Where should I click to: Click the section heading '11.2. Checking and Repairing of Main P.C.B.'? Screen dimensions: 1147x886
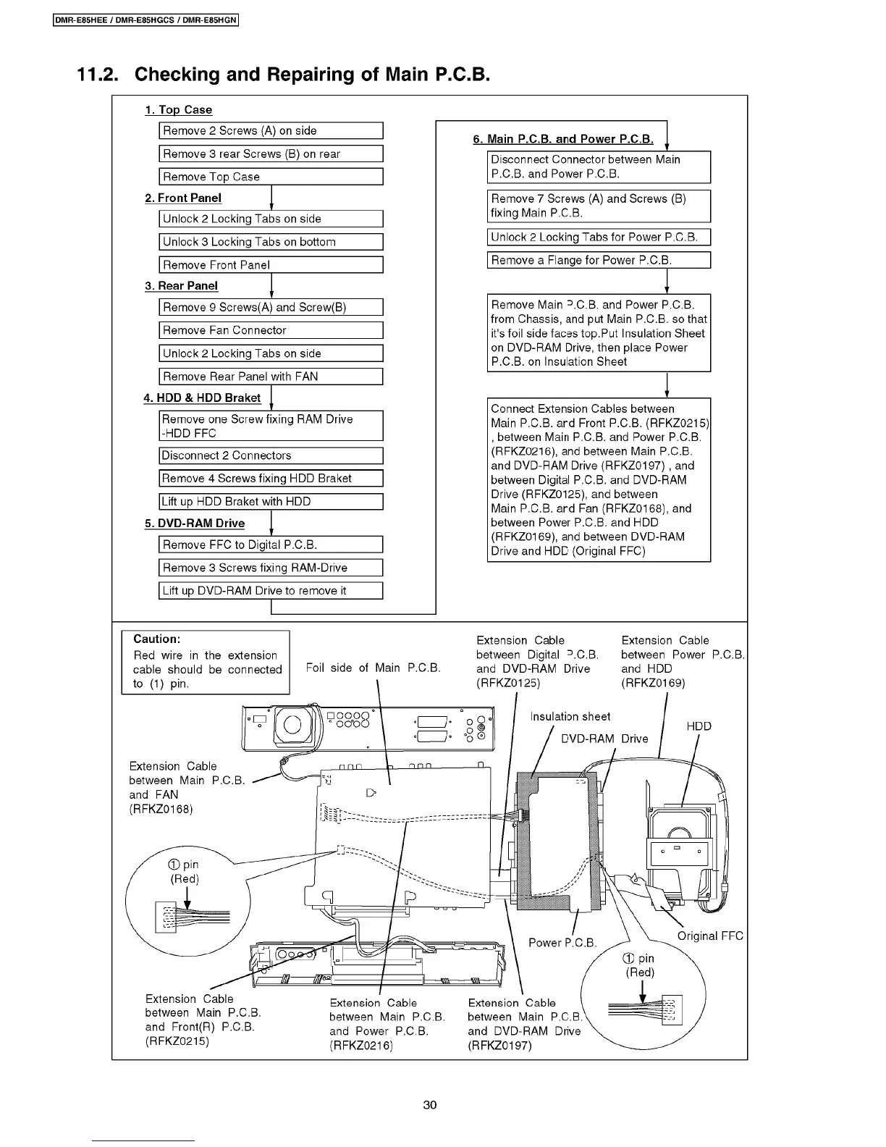point(284,75)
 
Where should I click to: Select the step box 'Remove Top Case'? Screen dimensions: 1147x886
point(270,177)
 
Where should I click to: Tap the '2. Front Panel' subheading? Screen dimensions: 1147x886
point(183,198)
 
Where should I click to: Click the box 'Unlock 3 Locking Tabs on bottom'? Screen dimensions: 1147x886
point(270,242)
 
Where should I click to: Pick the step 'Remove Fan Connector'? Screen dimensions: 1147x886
point(270,330)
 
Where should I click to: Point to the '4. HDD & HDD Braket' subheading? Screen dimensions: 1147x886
point(202,398)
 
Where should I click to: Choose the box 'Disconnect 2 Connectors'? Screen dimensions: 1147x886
point(270,455)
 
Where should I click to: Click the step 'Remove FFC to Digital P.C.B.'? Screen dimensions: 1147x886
point(270,545)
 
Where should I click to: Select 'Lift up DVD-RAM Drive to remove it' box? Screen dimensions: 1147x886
point(270,590)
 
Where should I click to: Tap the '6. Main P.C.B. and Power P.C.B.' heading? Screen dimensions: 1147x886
point(563,139)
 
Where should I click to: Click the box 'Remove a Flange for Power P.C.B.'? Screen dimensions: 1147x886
point(598,260)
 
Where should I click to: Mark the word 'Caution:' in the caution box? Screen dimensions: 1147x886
point(157,639)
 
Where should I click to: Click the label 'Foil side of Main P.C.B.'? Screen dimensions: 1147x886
point(373,668)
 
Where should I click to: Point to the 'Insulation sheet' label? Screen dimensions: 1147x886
point(570,716)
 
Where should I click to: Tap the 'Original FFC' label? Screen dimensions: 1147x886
point(709,936)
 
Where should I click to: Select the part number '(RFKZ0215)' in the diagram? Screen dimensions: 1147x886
point(177,1041)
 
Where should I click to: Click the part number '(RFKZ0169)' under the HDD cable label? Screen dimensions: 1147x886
point(653,683)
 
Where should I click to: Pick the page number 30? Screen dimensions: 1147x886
point(430,1105)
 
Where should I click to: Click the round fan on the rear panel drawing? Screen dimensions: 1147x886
point(292,725)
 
